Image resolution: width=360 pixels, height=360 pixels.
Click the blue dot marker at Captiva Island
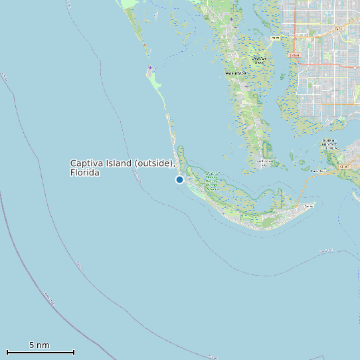coord(179,179)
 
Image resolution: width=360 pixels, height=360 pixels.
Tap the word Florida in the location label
coord(84,173)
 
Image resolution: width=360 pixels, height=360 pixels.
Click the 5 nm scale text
coord(39,345)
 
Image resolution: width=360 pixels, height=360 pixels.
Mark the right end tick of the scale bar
coord(74,351)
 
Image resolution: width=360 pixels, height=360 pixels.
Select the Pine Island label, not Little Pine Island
coord(236,73)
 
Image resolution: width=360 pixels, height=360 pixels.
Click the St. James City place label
coord(264,162)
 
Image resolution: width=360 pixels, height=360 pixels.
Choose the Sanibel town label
coord(308,207)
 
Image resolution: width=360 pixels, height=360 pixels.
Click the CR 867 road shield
coord(343,167)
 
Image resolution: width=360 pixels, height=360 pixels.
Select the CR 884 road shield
coord(295,55)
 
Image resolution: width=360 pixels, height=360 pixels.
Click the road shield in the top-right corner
coord(338,29)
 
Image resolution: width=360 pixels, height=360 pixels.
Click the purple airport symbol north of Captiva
coord(150,68)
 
